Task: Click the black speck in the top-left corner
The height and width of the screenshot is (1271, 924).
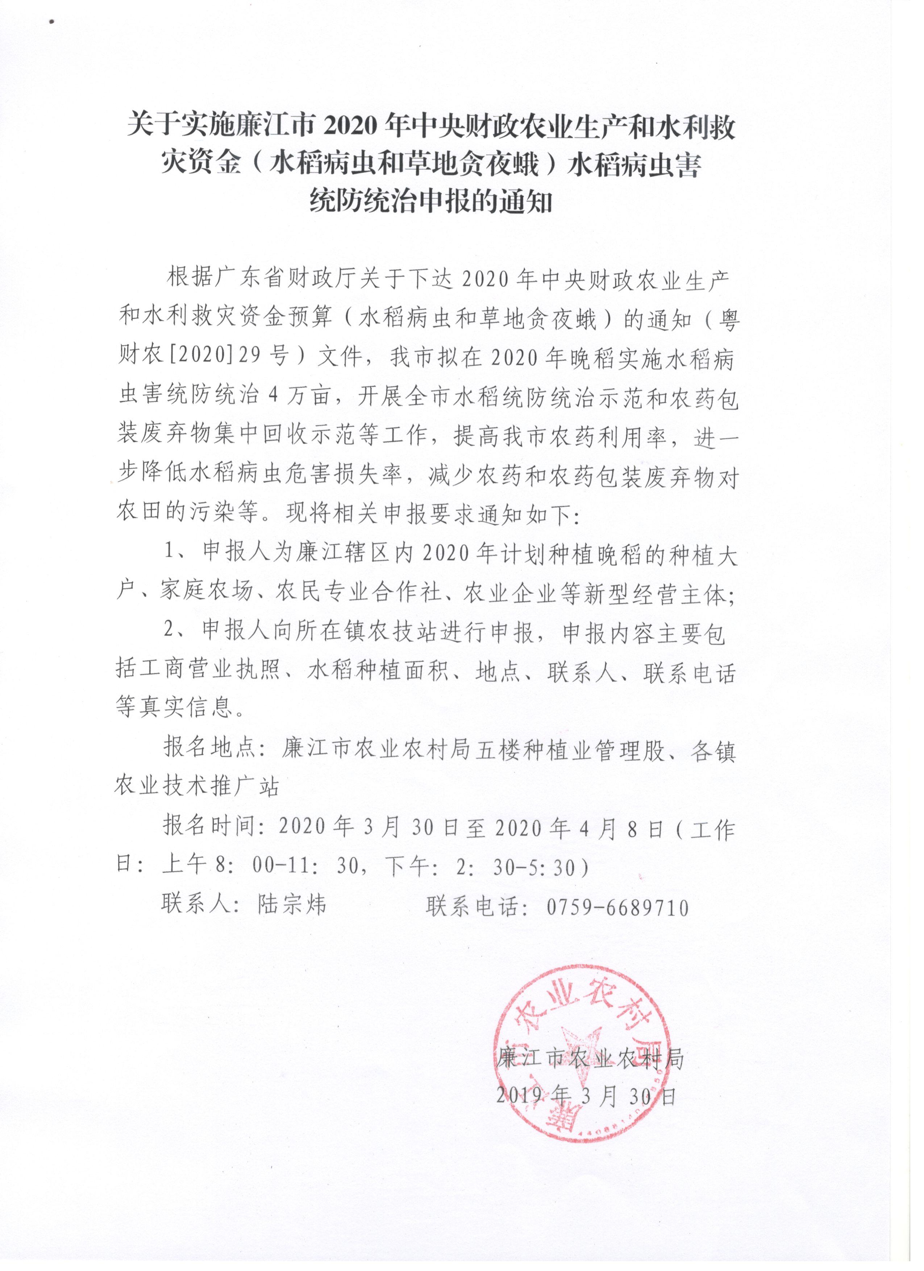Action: (52, 22)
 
